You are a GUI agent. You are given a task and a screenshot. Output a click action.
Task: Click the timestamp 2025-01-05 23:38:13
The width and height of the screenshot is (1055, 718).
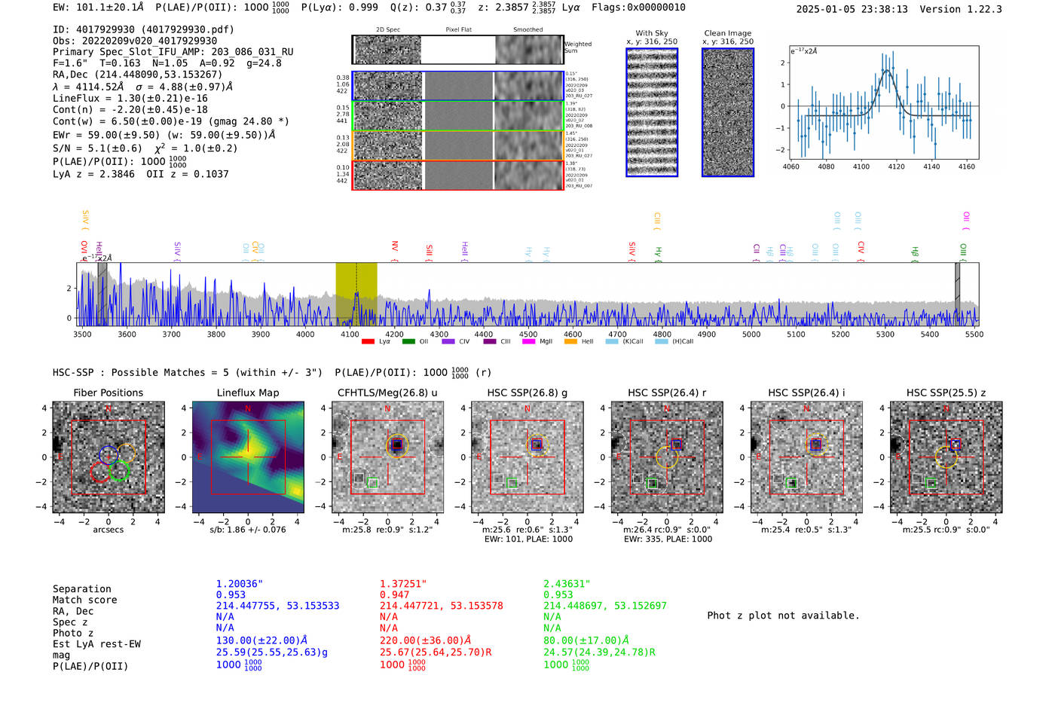click(x=852, y=9)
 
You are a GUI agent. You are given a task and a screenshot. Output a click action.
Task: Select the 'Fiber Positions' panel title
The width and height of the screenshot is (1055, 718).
click(x=108, y=393)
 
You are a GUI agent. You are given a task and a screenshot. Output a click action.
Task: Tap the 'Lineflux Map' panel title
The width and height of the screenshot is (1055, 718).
click(x=248, y=393)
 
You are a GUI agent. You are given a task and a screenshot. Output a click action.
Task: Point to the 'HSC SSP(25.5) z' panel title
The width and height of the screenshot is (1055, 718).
click(x=946, y=393)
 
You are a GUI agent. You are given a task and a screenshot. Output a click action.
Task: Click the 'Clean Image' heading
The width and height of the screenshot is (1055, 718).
click(x=727, y=33)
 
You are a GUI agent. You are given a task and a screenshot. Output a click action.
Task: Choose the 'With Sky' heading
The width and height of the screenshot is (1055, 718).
click(x=651, y=33)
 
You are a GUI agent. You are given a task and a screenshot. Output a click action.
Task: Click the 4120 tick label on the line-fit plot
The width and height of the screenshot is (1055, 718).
click(x=896, y=167)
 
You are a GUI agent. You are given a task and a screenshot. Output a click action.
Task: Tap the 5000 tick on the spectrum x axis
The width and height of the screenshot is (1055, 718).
click(x=751, y=335)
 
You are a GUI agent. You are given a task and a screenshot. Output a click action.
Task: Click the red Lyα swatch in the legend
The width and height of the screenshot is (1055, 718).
click(x=368, y=342)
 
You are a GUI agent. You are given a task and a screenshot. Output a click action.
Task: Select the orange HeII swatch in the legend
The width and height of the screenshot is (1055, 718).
click(x=570, y=342)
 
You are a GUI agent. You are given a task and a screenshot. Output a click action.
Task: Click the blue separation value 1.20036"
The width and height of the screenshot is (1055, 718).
click(x=240, y=584)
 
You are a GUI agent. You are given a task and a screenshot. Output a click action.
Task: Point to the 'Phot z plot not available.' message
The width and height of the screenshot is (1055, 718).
click(x=783, y=616)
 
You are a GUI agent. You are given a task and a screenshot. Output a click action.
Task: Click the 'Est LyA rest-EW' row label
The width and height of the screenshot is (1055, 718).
click(x=96, y=644)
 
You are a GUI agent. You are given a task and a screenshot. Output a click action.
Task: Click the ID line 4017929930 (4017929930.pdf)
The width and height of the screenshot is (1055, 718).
click(x=143, y=29)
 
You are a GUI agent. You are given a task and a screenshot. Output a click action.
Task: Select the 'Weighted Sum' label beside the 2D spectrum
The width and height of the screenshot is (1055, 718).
click(x=578, y=47)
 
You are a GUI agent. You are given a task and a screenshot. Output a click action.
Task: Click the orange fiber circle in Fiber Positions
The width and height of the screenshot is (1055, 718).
click(x=127, y=452)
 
